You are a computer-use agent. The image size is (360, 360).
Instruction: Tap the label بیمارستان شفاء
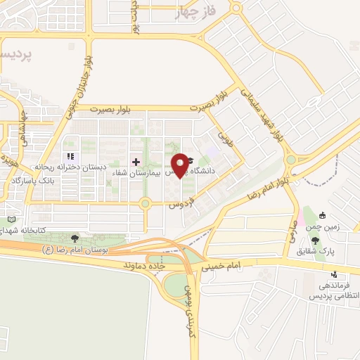click(158, 172)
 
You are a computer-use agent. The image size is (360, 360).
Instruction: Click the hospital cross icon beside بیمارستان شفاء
click(136, 162)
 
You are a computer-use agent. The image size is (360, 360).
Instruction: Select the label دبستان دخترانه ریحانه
click(69, 169)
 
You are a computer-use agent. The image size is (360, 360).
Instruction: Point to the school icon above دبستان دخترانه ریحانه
click(69, 157)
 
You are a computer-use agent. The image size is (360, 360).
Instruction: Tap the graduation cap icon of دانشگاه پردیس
click(190, 161)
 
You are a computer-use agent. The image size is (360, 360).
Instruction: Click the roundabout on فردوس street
click(146, 204)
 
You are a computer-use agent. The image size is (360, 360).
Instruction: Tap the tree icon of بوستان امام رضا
click(75, 238)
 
